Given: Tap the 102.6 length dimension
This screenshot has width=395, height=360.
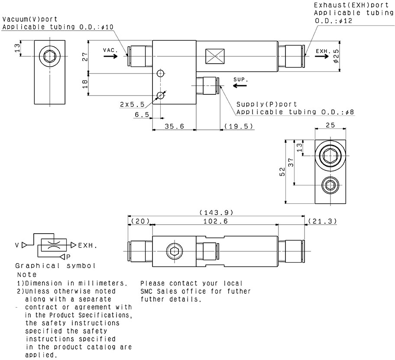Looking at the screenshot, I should coord(216,221).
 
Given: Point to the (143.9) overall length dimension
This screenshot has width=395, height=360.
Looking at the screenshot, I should coord(216,212).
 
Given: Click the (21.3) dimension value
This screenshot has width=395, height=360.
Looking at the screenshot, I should coord(322,221).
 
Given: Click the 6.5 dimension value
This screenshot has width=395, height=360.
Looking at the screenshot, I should coord(142,114).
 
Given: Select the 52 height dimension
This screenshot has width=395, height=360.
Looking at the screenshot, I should coord(282,172).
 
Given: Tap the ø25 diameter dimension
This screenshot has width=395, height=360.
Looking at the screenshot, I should coord(336,56).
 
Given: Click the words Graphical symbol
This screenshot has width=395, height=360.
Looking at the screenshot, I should coord(55,265).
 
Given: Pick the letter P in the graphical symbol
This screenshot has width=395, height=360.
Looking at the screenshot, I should coord(68,256).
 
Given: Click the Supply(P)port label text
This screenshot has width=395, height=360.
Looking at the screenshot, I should coord(267,104).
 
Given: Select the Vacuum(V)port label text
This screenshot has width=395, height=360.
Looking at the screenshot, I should coord(29,19).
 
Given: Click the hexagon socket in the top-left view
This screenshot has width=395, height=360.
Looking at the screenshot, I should coord(50,56).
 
